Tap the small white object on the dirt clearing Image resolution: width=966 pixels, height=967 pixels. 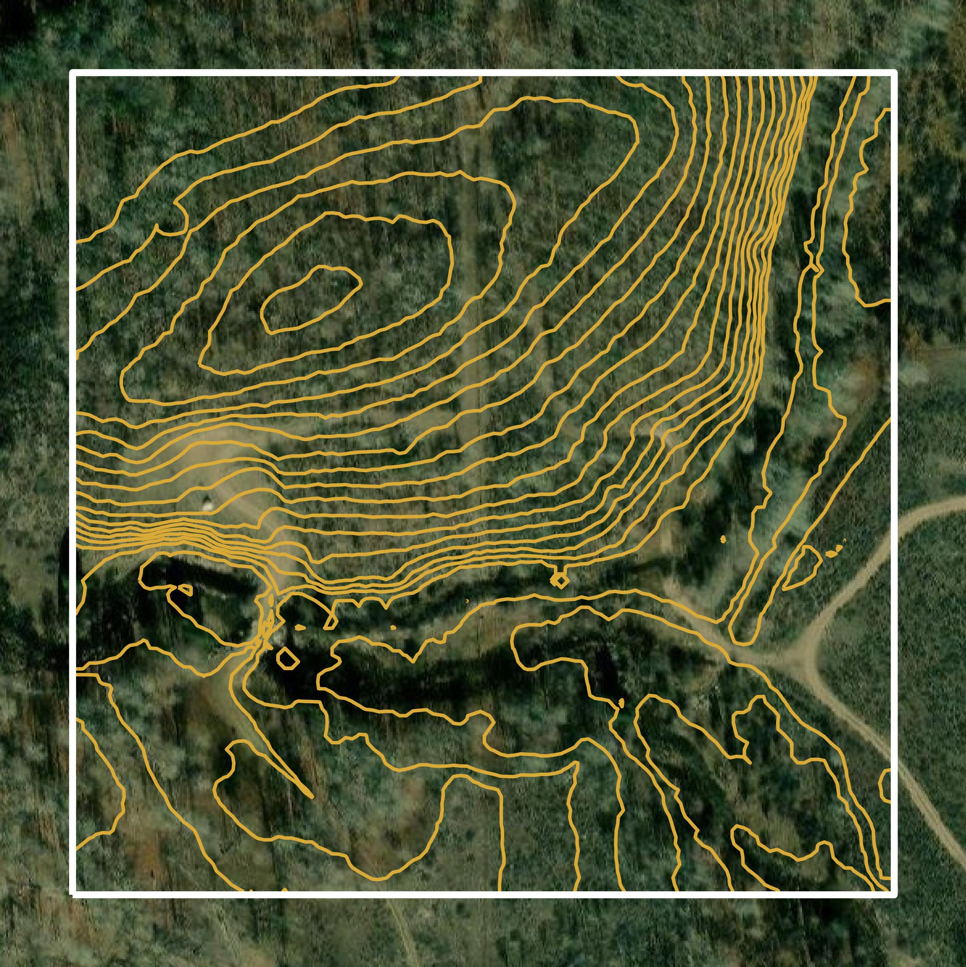click(206, 504)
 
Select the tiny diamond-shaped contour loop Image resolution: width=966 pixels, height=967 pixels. click(560, 581)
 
